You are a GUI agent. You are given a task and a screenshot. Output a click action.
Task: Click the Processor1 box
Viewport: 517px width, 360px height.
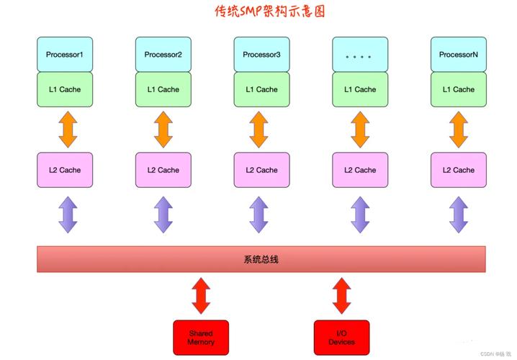[65, 54]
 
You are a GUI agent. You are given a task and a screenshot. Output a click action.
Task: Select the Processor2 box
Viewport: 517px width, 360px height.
[163, 54]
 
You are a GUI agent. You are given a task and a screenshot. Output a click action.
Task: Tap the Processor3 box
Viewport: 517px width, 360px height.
[261, 54]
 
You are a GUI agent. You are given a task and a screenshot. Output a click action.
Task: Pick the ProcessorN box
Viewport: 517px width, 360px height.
[458, 54]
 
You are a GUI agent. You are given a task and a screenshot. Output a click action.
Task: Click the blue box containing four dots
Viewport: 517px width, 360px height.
[360, 54]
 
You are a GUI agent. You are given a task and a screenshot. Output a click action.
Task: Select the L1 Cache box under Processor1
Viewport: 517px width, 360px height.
[65, 89]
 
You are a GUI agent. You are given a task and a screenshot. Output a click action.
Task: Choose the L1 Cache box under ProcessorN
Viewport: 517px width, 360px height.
[458, 89]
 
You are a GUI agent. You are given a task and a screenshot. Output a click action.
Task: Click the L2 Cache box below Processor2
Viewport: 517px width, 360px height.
[163, 170]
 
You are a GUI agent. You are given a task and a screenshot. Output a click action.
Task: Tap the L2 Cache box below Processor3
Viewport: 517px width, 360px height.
[261, 170]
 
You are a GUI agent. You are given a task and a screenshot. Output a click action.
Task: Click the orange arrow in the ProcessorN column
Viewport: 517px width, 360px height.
[458, 130]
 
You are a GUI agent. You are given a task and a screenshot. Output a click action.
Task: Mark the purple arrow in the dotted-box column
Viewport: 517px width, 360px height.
[360, 215]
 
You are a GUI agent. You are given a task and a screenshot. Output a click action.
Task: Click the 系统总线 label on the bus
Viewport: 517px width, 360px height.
[261, 259]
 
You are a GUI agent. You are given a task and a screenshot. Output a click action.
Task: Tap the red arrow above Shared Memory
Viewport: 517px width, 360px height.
[201, 296]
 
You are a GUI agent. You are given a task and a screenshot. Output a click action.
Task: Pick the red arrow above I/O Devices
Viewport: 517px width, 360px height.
[341, 296]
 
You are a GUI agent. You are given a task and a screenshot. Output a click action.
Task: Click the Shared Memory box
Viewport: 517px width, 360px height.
[201, 338]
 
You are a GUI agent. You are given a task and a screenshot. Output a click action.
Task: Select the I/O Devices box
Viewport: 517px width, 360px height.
[341, 338]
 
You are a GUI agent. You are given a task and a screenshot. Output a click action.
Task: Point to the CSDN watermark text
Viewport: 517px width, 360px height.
[492, 354]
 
